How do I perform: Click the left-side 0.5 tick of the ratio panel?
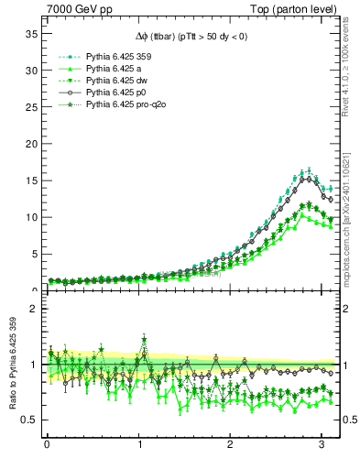point(29,420)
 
